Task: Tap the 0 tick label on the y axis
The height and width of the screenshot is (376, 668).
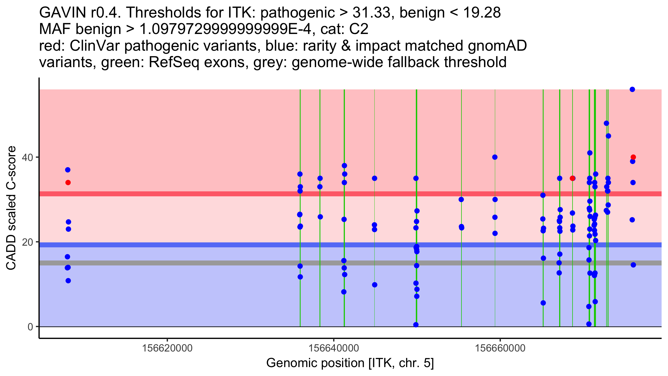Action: [30, 327]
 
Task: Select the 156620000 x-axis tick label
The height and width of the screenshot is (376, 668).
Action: [167, 348]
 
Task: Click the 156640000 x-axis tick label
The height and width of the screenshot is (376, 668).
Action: [334, 348]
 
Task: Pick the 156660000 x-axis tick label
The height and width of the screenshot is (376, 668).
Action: [500, 348]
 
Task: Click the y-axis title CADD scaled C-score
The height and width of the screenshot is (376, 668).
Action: [11, 208]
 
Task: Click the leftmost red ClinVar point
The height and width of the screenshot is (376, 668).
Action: [68, 183]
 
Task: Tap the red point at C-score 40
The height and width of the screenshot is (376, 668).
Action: [633, 157]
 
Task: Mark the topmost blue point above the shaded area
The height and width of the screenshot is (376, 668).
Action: [632, 89]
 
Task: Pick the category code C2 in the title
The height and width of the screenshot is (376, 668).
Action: [359, 29]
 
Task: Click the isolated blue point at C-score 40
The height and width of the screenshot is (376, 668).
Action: [495, 157]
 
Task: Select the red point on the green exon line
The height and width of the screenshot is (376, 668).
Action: [572, 178]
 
